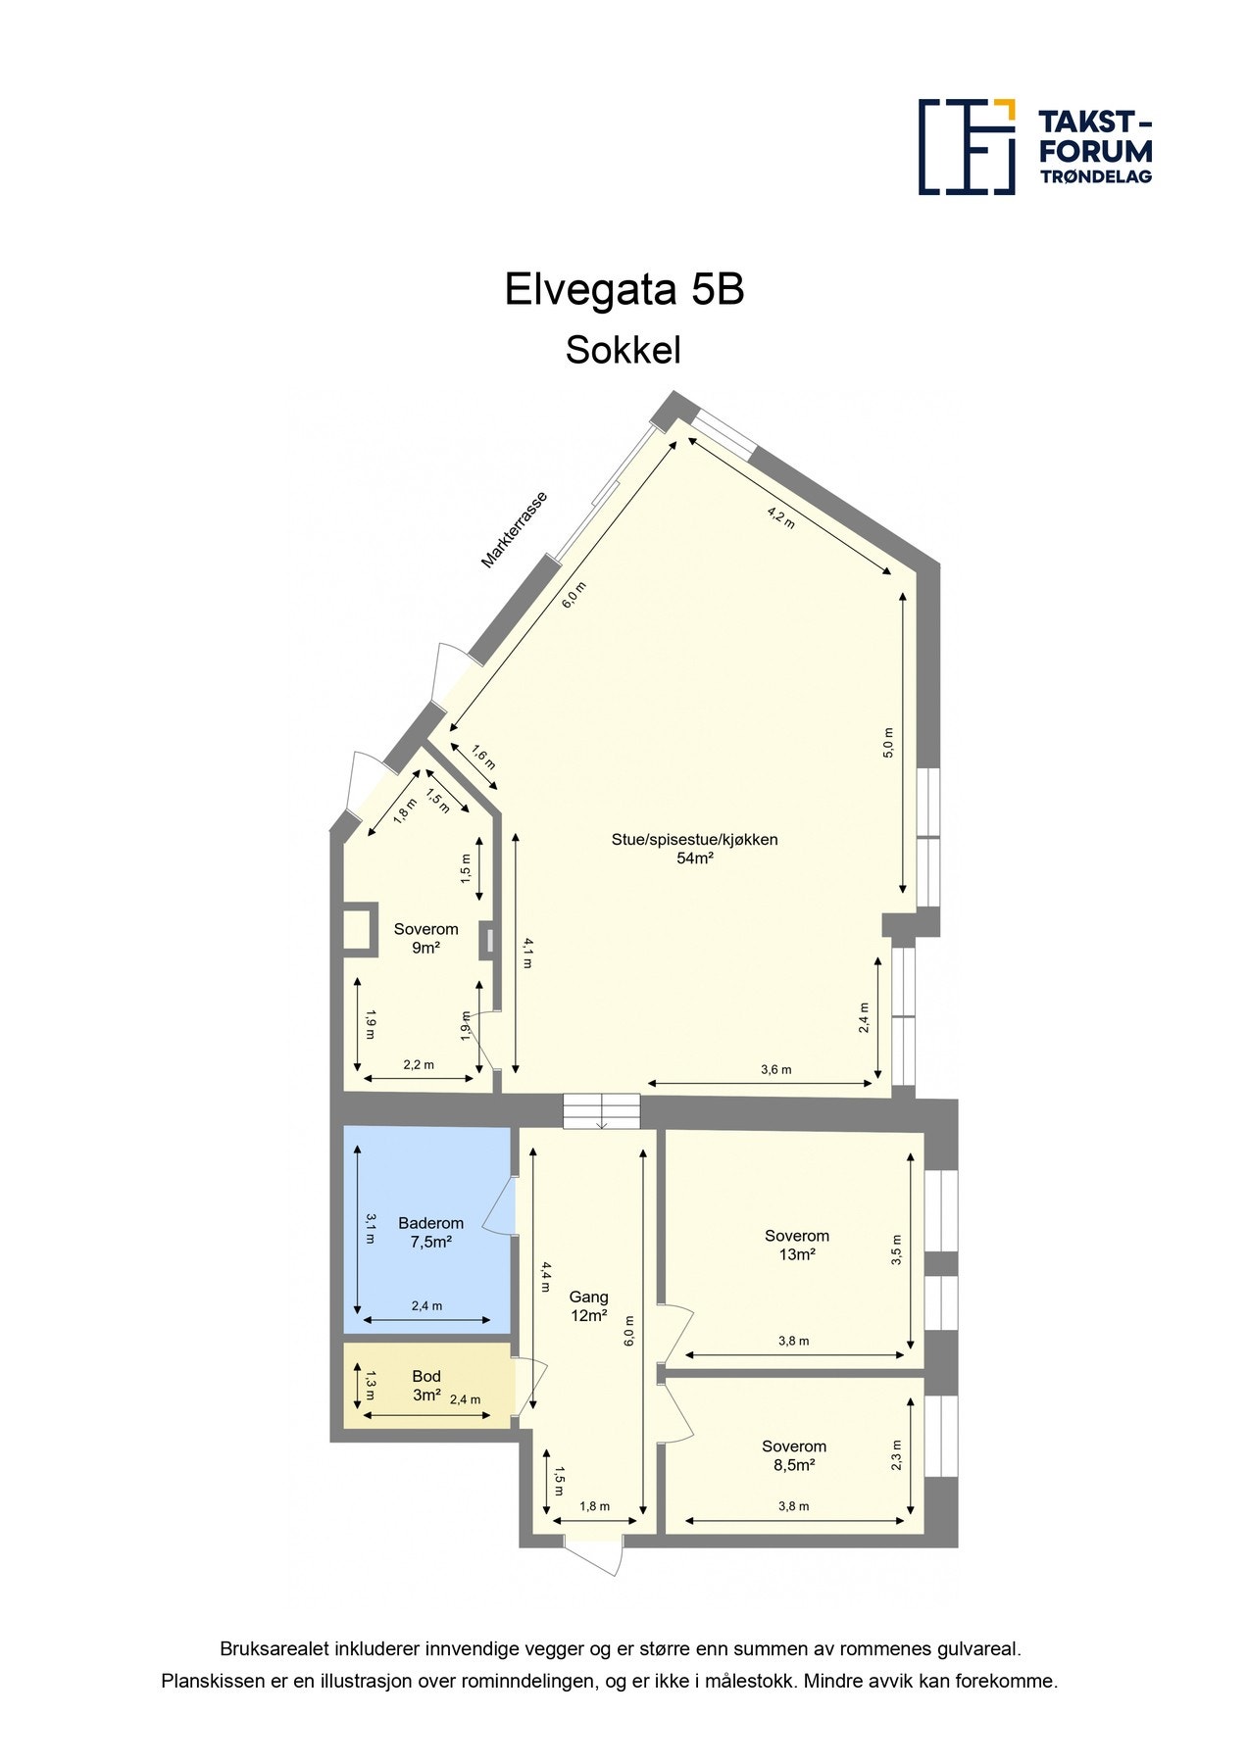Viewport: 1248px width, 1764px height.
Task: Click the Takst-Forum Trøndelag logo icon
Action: pos(966,146)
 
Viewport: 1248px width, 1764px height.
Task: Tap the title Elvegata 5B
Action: pos(624,290)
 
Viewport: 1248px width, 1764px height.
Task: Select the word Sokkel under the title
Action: pos(623,350)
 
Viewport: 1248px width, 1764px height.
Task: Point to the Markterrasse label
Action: pos(514,530)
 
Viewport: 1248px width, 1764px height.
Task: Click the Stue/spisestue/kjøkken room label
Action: pos(694,839)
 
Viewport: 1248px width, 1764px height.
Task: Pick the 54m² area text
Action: pos(694,858)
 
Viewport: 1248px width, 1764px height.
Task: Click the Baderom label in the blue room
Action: pos(430,1223)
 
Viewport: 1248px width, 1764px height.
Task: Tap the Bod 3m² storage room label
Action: pos(426,1386)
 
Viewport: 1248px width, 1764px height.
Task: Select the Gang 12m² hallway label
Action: pos(589,1306)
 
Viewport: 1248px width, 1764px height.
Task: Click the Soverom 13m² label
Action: pos(797,1245)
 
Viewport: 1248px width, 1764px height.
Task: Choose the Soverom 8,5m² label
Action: pos(794,1455)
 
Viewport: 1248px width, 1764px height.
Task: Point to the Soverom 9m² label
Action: pos(425,938)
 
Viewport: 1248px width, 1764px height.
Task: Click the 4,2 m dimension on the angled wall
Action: pos(780,516)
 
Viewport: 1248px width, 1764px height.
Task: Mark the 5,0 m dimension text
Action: pos(888,743)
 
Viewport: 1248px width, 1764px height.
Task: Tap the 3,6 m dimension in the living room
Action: pos(775,1069)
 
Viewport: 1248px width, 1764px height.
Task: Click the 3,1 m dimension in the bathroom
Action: pos(370,1228)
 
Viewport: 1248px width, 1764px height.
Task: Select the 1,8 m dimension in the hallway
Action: pos(594,1506)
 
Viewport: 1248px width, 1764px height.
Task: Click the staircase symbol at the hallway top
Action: pos(601,1110)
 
